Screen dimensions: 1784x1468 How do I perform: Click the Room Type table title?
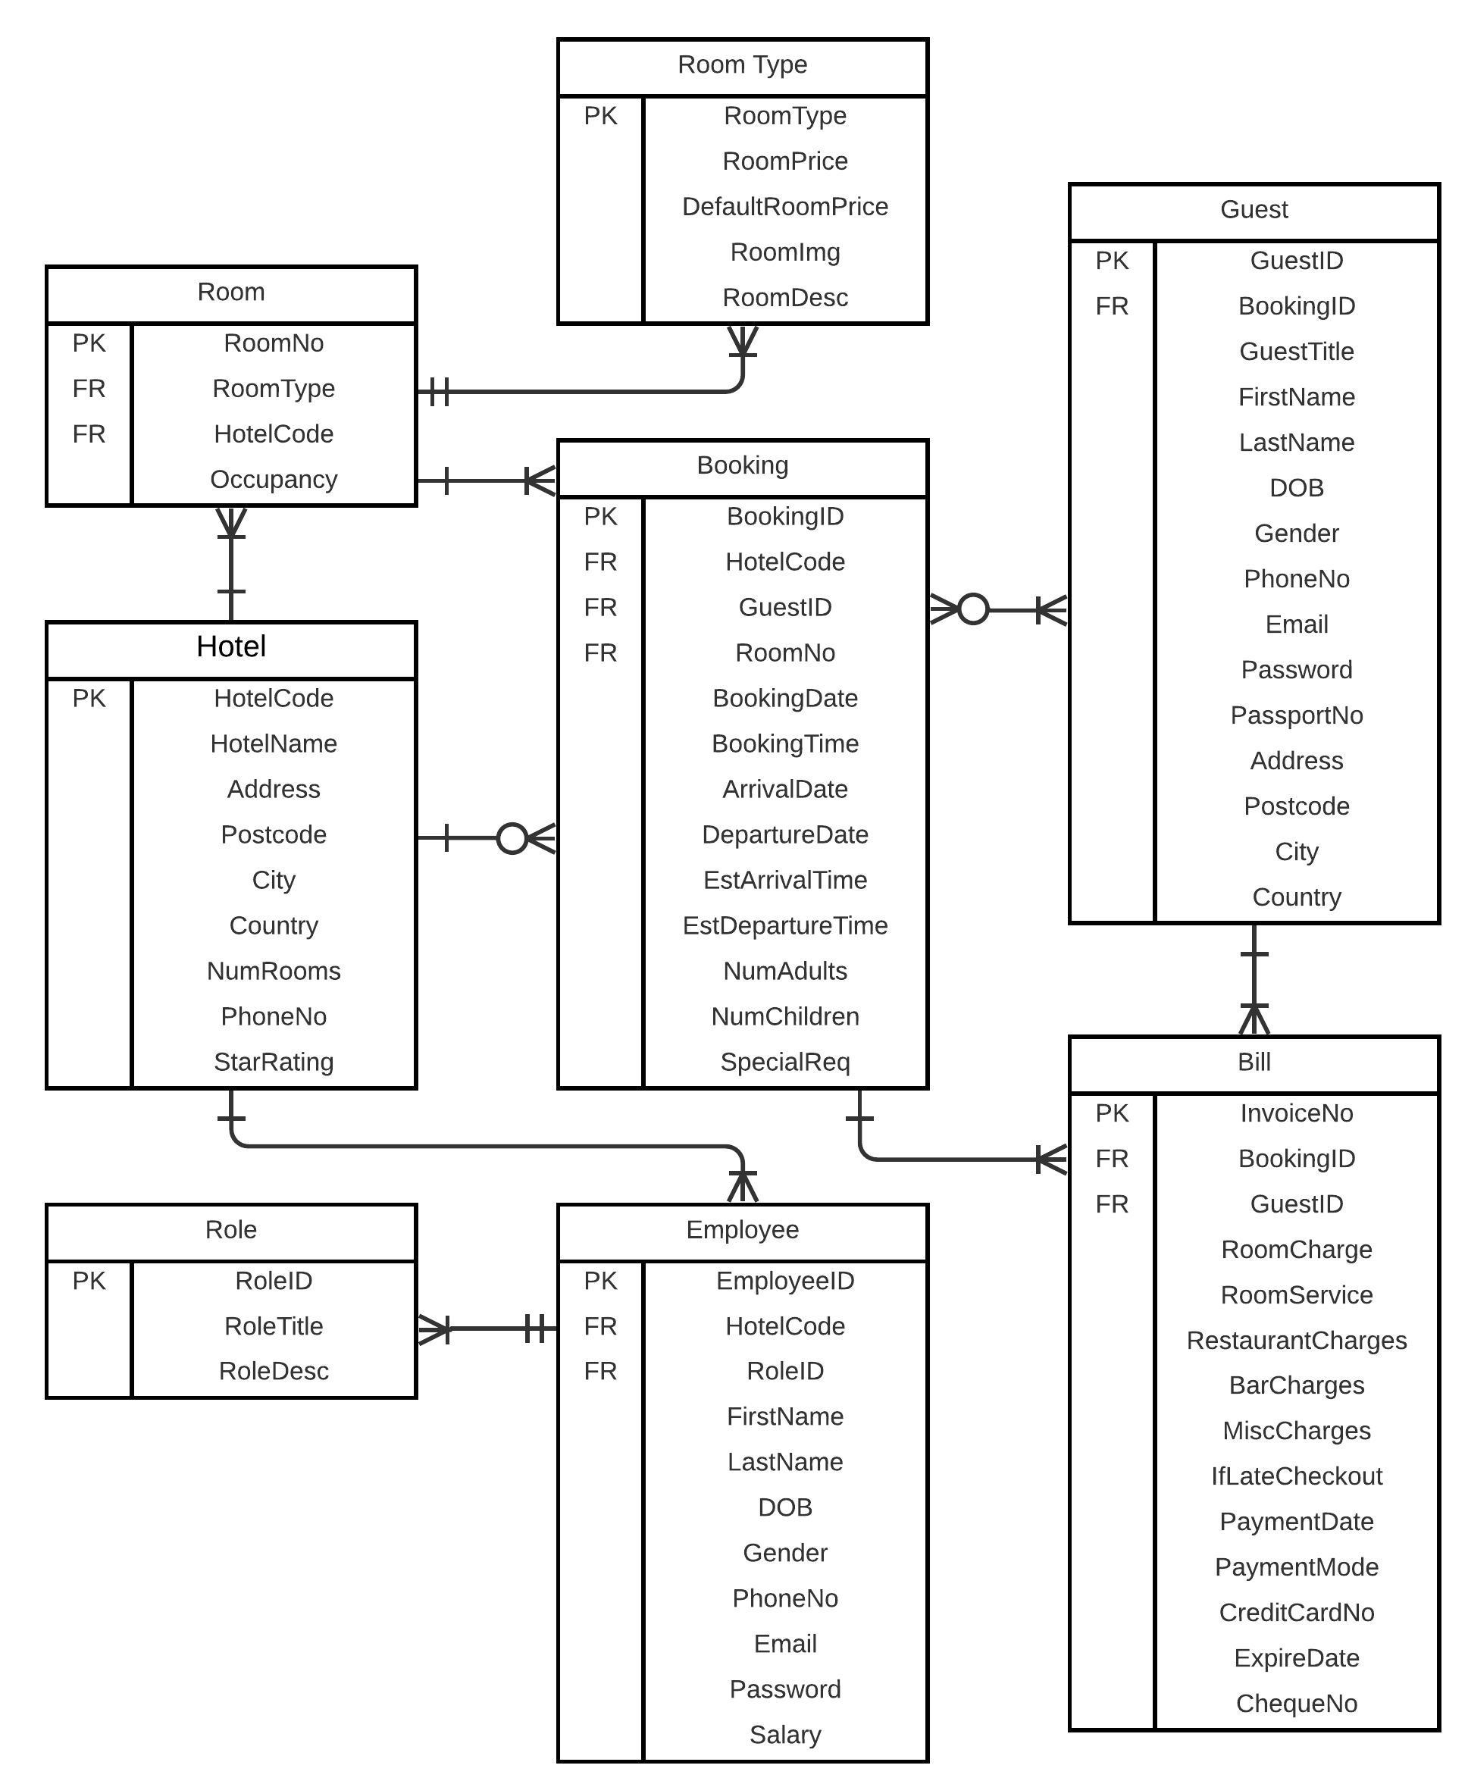pyautogui.click(x=742, y=65)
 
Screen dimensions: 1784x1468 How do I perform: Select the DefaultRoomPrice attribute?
pyautogui.click(x=784, y=207)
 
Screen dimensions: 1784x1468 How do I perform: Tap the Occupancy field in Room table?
pyautogui.click(x=273, y=480)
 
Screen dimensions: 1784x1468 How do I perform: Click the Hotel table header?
pyautogui.click(x=231, y=646)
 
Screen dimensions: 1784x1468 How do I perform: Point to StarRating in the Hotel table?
pyautogui.click(x=273, y=1062)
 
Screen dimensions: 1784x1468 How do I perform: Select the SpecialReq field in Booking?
pyautogui.click(x=784, y=1062)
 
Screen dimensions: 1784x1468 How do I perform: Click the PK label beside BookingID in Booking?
pyautogui.click(x=599, y=517)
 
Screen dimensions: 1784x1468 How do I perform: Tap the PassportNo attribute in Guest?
pyautogui.click(x=1295, y=715)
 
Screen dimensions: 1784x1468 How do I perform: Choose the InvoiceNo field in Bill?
pyautogui.click(x=1295, y=1113)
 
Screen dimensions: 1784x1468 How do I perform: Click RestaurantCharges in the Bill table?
pyautogui.click(x=1295, y=1340)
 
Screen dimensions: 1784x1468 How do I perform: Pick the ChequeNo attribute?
pyautogui.click(x=1295, y=1703)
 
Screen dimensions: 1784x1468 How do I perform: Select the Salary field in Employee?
pyautogui.click(x=784, y=1734)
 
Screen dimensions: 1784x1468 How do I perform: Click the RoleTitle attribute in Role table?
pyautogui.click(x=273, y=1325)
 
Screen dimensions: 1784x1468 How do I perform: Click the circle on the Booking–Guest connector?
pyautogui.click(x=972, y=609)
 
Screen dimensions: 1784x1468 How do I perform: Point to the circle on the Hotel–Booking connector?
pyautogui.click(x=512, y=838)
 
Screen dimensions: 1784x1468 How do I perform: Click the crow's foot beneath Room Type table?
pyautogui.click(x=742, y=342)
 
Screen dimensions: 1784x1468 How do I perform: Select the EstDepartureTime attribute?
pyautogui.click(x=784, y=926)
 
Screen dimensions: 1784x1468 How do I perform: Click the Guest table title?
pyautogui.click(x=1254, y=210)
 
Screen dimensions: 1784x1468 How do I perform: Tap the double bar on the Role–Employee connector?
pyautogui.click(x=534, y=1329)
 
